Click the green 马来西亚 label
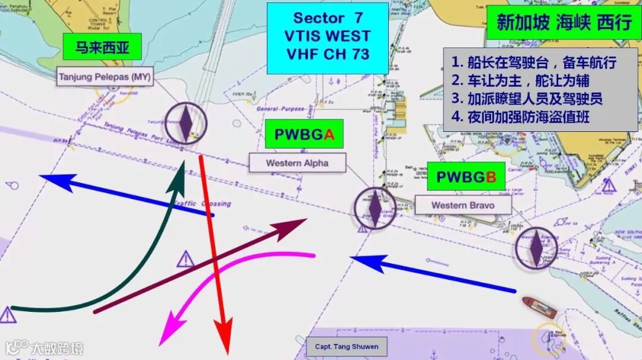point(102,47)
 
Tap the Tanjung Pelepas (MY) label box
point(105,77)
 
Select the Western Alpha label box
point(297,163)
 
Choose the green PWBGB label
point(466,176)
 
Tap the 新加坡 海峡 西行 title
point(564,23)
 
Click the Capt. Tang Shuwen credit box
point(347,346)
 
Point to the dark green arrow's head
point(177,180)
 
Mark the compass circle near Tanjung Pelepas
point(186,122)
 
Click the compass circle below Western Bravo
point(536,247)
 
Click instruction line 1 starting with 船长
point(533,62)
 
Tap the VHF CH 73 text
point(327,54)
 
